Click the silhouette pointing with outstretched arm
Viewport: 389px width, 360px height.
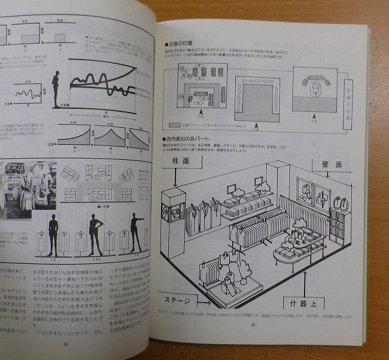(136, 234)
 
